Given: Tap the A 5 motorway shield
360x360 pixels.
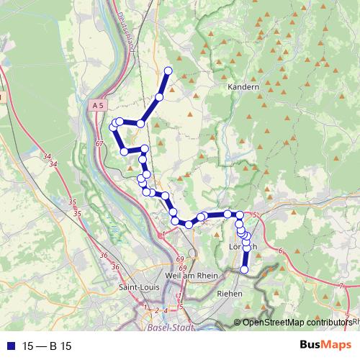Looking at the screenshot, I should click(98, 105).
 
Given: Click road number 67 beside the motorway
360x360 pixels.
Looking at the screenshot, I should click(99, 144).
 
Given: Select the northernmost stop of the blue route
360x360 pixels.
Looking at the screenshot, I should click(168, 70).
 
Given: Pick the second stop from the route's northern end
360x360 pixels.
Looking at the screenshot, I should click(159, 96).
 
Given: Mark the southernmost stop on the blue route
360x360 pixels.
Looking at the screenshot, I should click(244, 270).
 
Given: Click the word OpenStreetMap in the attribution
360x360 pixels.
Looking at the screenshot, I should click(271, 323).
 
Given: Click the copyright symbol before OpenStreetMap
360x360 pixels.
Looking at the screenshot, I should click(238, 323).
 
